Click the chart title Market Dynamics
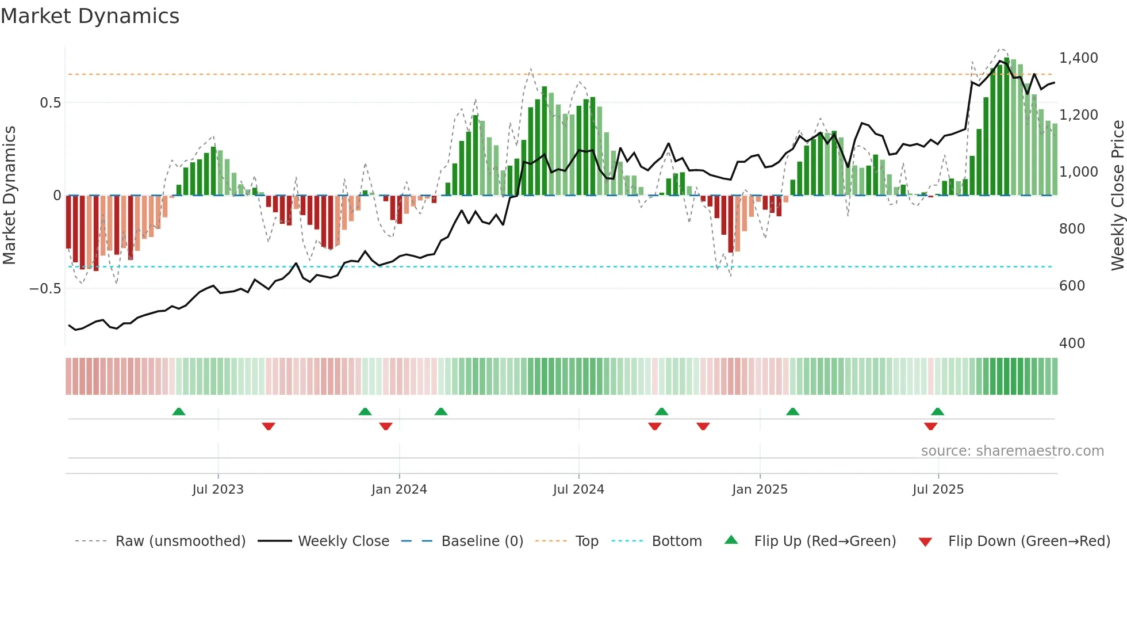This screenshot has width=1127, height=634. tap(90, 16)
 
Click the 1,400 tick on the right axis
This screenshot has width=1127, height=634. tap(1078, 58)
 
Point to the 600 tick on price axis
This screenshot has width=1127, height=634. tap(1072, 286)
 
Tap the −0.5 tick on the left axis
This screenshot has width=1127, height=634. tap(45, 288)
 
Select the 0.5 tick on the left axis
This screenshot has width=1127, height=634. tap(50, 103)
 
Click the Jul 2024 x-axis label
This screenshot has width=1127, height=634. tap(578, 490)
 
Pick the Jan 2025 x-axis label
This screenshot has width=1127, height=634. tap(760, 490)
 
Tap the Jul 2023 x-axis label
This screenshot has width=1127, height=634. tap(218, 490)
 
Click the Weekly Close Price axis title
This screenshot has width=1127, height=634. tap(1117, 196)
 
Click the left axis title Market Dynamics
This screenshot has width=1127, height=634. tap(9, 196)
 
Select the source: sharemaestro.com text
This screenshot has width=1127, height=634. tap(1012, 451)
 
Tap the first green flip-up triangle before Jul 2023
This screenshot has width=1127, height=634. tap(179, 412)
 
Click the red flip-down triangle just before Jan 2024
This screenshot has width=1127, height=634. tap(386, 426)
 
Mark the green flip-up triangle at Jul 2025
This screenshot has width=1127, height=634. tap(937, 412)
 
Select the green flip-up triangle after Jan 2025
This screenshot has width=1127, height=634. tap(792, 412)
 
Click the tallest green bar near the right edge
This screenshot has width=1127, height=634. tap(1006, 127)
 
